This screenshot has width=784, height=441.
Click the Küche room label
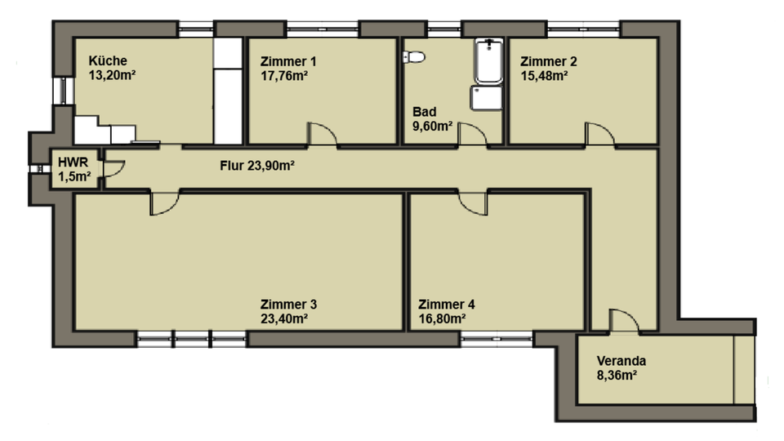[107, 60]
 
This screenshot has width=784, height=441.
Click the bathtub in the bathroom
[488, 61]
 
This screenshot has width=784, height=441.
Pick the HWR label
[67, 162]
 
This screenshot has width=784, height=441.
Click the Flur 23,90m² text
[256, 165]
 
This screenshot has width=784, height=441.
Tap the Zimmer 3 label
[288, 304]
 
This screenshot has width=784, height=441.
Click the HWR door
[114, 167]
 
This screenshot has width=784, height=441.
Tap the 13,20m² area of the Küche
[111, 76]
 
